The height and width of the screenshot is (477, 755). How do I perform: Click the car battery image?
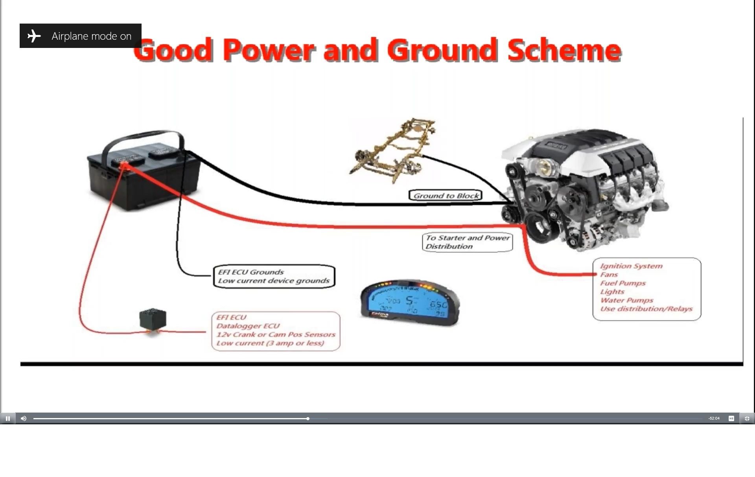144,175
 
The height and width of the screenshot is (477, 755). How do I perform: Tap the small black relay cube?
153,319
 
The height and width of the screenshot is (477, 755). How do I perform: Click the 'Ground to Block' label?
446,196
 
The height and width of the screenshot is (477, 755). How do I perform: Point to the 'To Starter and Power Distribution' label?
467,242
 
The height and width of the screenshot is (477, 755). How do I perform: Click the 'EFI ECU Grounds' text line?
251,272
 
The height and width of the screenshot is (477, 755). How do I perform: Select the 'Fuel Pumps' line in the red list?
622,283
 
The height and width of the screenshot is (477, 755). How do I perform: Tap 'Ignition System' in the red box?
631,266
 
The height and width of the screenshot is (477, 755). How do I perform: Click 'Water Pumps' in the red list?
626,301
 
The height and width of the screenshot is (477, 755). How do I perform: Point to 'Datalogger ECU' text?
248,326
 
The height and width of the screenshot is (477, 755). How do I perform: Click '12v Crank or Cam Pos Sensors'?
276,335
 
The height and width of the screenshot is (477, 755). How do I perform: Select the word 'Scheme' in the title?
564,50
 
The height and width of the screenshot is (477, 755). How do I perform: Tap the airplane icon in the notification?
34,36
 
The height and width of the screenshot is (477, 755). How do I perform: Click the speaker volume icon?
24,418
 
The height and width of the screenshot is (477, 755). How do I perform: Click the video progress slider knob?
308,419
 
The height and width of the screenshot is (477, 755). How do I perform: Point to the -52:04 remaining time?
714,418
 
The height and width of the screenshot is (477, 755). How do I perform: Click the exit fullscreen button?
747,418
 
